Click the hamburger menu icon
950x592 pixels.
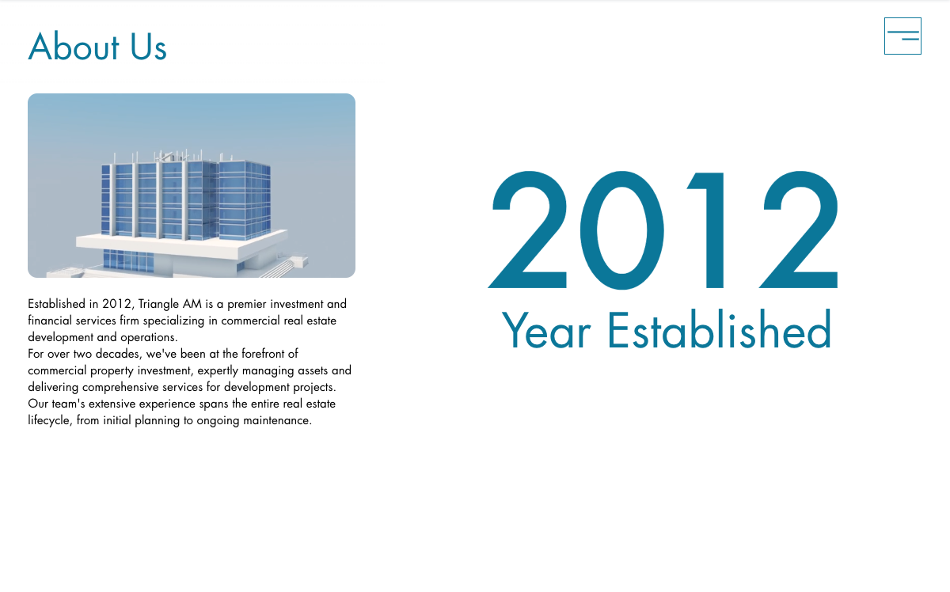coord(902,36)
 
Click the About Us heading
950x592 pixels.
coord(97,47)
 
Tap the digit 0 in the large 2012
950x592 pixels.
coord(621,230)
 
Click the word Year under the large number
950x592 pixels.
coord(546,329)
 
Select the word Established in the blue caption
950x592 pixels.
coord(720,328)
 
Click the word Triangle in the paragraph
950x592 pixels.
coord(158,305)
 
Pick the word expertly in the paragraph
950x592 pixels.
coord(218,371)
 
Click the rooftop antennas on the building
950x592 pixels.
coord(169,156)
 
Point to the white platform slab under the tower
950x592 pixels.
coord(181,245)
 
